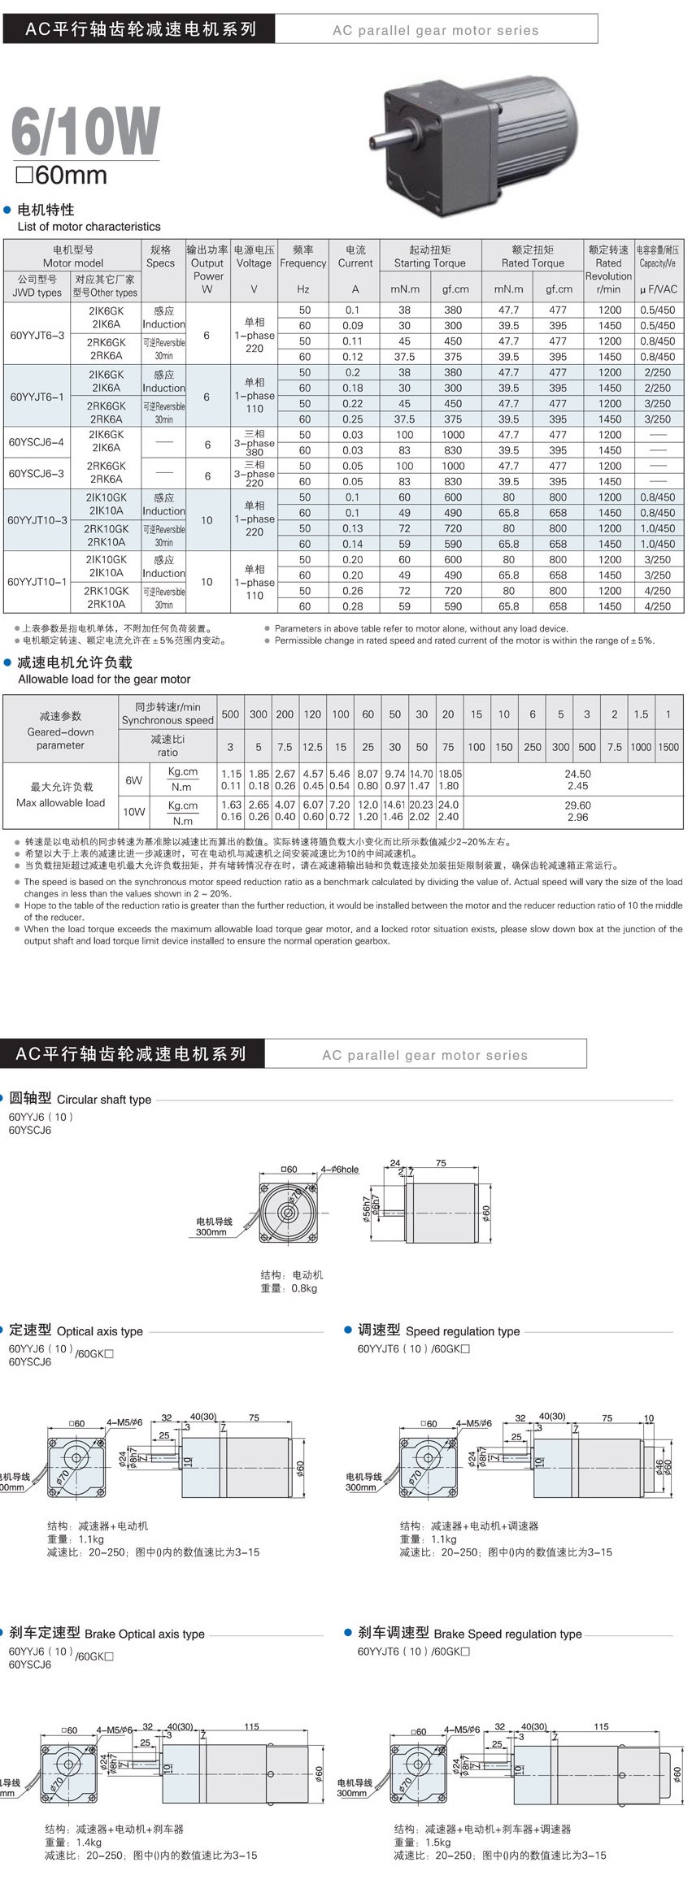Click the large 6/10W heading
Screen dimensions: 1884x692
pos(85,131)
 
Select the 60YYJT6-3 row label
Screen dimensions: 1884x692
pos(37,334)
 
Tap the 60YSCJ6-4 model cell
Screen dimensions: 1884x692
pos(37,442)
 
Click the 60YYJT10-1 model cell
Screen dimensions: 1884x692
pos(37,582)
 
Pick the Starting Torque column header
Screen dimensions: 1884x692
pos(429,256)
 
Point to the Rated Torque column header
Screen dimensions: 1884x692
pos(533,256)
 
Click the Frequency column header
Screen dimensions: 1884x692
pos(302,257)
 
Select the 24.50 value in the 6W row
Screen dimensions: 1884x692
pos(577,774)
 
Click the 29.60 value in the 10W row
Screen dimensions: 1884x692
pos(577,805)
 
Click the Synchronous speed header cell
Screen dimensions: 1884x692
pos(168,714)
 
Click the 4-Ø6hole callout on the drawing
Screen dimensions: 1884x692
pos(339,1170)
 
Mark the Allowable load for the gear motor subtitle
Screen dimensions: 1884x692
pos(104,679)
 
